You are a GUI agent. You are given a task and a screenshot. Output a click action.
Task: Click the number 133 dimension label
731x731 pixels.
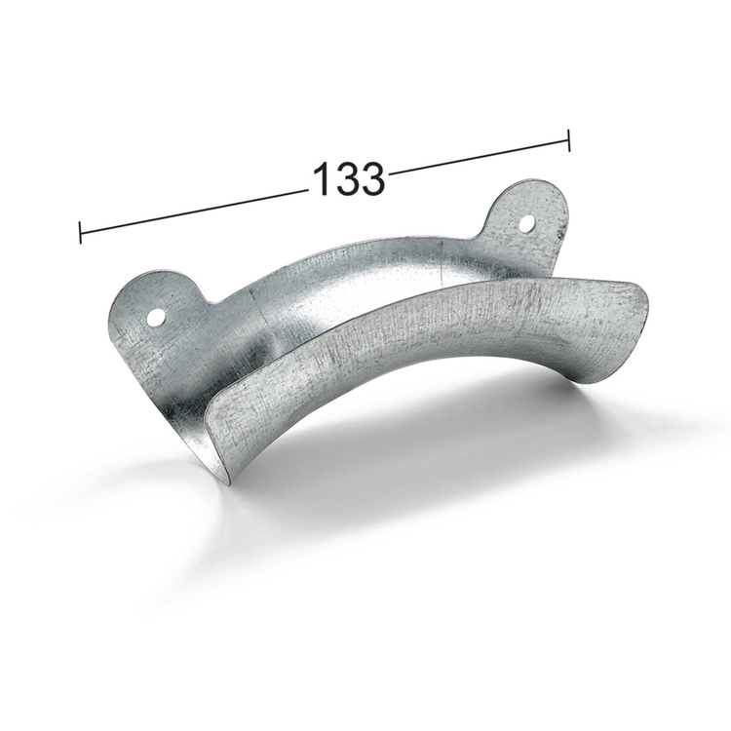pos(348,179)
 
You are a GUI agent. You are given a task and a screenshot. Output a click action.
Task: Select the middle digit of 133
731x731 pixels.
pos(347,179)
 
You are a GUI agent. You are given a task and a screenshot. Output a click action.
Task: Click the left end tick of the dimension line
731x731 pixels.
pos(80,233)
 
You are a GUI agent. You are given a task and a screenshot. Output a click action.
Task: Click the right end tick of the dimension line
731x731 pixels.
pos(568,139)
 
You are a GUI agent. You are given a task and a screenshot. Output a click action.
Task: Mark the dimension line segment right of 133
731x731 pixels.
pos(478,157)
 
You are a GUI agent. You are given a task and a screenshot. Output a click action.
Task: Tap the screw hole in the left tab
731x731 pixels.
pos(156,317)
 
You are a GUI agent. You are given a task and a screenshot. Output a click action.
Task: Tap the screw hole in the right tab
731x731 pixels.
pos(526,223)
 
